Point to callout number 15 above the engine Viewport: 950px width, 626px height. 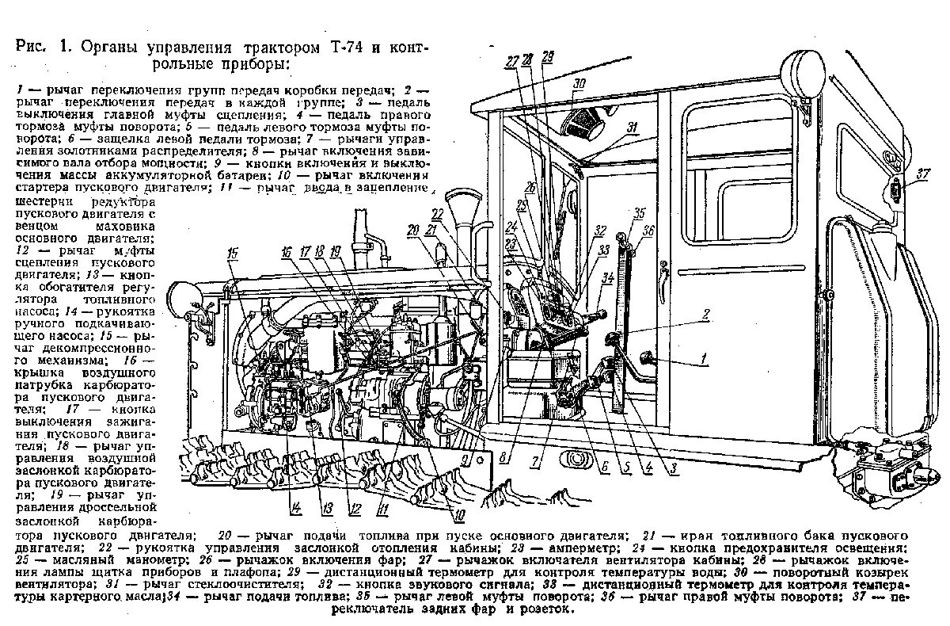click(232, 253)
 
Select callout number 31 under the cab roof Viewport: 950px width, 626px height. click(632, 127)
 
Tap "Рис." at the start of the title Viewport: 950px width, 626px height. click(33, 46)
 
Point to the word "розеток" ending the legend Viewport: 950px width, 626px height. click(542, 610)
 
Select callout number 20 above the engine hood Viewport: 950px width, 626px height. click(412, 230)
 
